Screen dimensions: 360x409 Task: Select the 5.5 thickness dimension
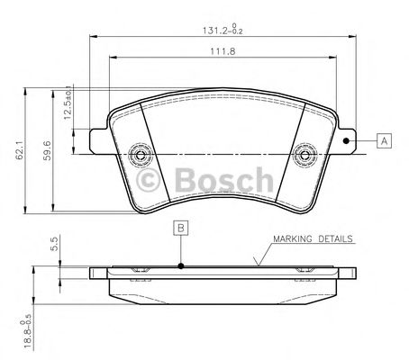pyautogui.click(x=53, y=243)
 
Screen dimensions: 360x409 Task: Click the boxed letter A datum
pyautogui.click(x=384, y=140)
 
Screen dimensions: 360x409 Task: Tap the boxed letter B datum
pyautogui.click(x=181, y=228)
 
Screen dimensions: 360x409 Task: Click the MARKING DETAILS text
pyautogui.click(x=312, y=240)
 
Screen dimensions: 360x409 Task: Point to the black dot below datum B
pyautogui.click(x=181, y=265)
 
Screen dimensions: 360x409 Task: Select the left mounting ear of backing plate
pyautogui.click(x=100, y=139)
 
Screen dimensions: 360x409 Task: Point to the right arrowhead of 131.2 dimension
pyautogui.click(x=350, y=36)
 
